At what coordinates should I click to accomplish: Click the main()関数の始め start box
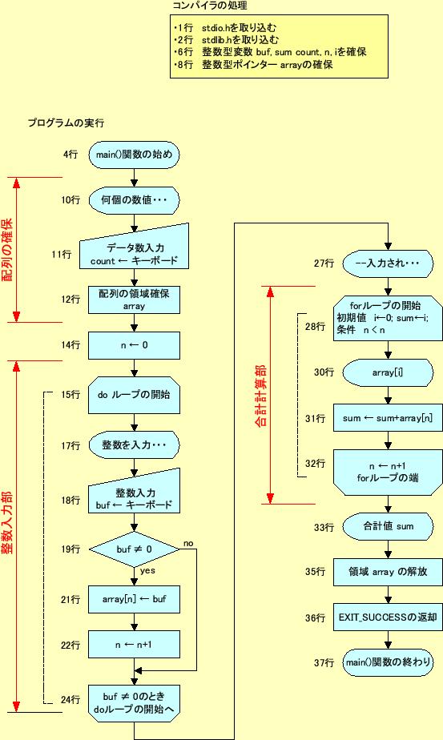tap(134, 154)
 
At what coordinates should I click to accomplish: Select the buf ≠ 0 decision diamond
tap(134, 549)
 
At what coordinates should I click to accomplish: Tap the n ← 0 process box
tap(134, 345)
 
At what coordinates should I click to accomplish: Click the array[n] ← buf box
tap(134, 598)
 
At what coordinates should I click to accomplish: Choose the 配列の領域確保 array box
tap(134, 300)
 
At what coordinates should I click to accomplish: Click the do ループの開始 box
tap(134, 395)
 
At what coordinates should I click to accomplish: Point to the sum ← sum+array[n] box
tap(388, 418)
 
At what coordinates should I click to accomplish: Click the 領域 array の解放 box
tap(388, 572)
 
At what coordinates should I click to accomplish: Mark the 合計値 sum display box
tap(388, 527)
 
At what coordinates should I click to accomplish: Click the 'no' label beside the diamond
tap(189, 543)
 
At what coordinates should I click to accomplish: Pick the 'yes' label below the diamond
tap(147, 572)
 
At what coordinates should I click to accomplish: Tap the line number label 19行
tap(70, 549)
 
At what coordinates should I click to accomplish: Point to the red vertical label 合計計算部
tap(260, 396)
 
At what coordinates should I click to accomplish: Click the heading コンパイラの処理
tap(207, 6)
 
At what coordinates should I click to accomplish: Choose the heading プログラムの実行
tap(65, 123)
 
